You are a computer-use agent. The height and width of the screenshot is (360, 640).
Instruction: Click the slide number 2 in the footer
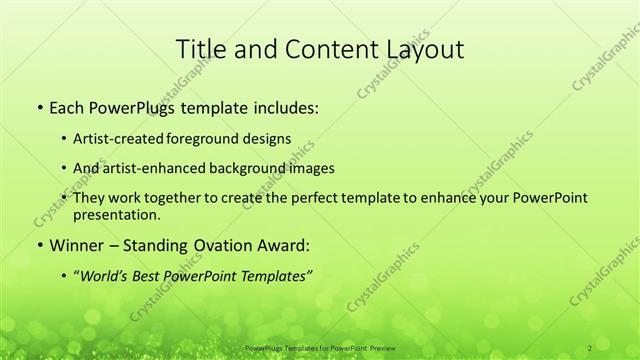click(x=590, y=347)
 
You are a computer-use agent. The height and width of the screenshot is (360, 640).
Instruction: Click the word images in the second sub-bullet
click(x=309, y=168)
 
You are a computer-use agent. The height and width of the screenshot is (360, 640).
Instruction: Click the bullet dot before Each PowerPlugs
click(x=38, y=105)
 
